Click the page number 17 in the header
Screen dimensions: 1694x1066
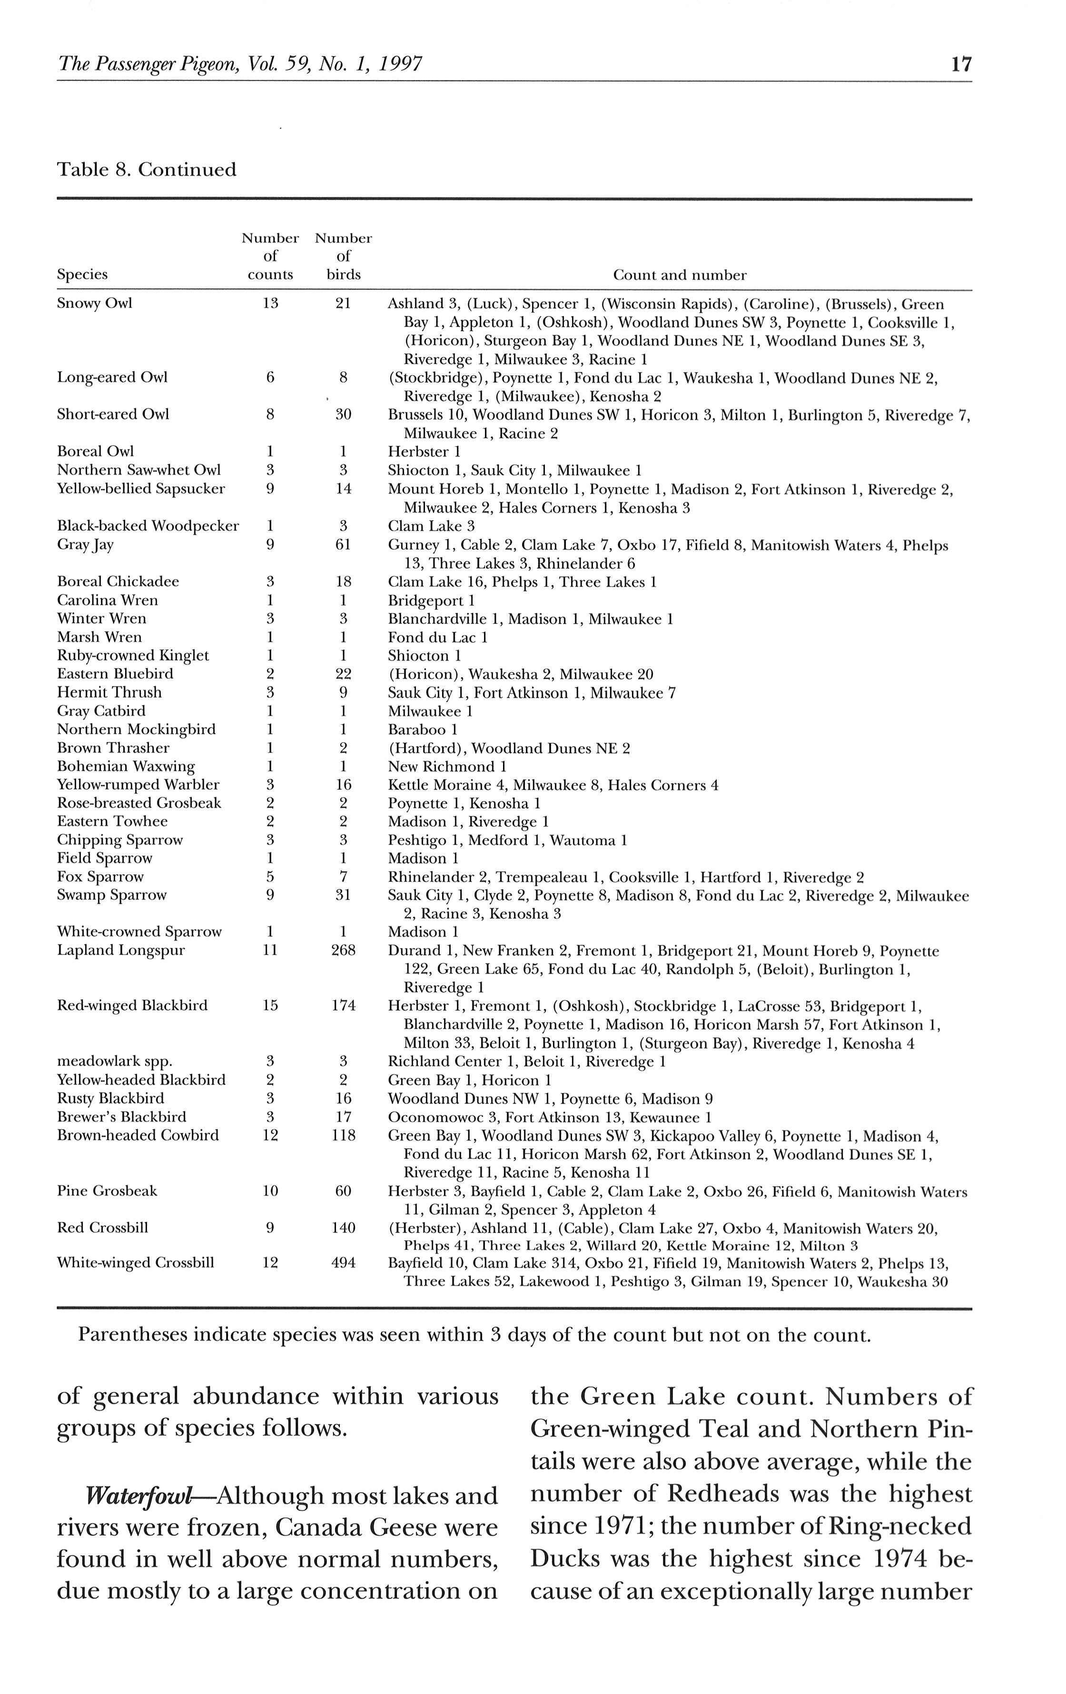coord(960,65)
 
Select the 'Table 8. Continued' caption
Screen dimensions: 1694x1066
coord(147,169)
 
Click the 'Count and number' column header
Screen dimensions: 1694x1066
coord(679,275)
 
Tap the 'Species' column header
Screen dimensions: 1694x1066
coord(82,275)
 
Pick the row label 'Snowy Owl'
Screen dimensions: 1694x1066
coord(94,303)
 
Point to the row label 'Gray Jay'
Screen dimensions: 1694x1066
coord(85,544)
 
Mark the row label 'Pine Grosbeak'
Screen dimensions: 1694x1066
coord(107,1190)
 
